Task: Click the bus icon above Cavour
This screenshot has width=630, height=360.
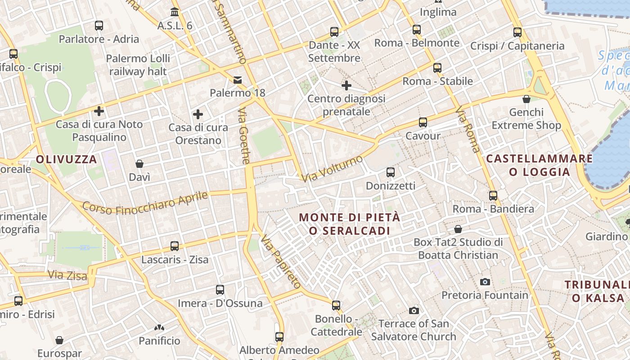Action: tap(423, 122)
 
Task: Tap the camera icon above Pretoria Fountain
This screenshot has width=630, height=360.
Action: tap(485, 282)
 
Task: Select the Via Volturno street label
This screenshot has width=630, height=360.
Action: tap(332, 169)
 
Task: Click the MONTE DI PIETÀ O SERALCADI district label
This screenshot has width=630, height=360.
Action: tap(350, 224)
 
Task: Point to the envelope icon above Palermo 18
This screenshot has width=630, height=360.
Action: tap(237, 80)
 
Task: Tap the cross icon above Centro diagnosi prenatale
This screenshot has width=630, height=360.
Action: tap(346, 85)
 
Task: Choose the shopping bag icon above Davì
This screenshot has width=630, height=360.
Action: tap(139, 164)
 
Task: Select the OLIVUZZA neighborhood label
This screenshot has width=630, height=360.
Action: tap(67, 159)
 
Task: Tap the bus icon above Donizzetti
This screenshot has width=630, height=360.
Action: tap(390, 172)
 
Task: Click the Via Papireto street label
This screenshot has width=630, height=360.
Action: tap(280, 261)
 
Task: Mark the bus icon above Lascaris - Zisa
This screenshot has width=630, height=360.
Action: tap(175, 246)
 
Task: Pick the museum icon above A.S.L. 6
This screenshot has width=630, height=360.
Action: tap(175, 12)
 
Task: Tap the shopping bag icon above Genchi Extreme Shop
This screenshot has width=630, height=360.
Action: tap(526, 99)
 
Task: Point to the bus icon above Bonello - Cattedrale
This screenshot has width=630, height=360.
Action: tap(336, 306)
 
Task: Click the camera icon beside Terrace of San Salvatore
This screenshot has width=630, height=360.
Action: tap(414, 310)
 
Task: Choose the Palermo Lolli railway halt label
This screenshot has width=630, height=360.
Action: tap(138, 65)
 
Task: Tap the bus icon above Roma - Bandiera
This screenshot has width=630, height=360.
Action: tap(493, 196)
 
